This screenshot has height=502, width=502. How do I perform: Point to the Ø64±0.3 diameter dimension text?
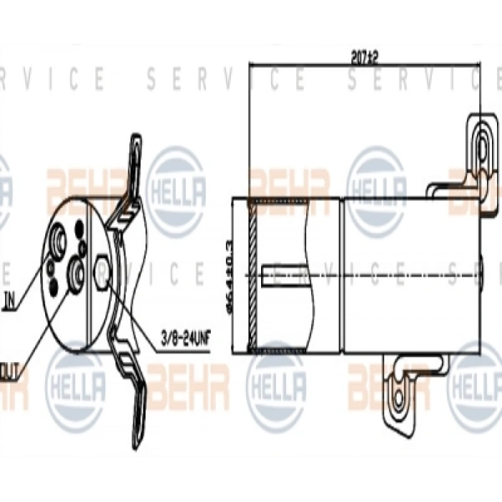(x=229, y=273)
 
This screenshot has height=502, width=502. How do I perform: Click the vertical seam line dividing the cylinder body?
(x=346, y=275)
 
